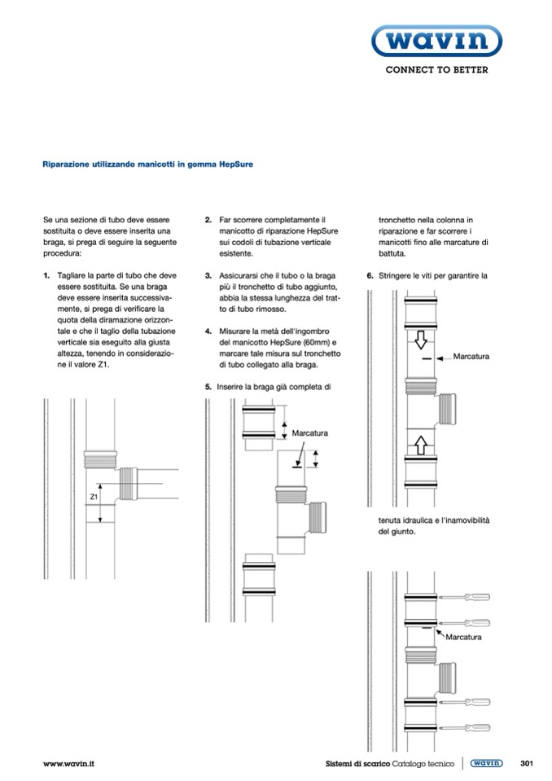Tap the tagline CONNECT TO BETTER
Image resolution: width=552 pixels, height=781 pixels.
[436, 70]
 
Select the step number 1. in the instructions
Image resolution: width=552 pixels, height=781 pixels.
[46, 276]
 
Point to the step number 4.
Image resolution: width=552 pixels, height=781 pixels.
[208, 331]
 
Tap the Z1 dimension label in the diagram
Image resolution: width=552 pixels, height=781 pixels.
[94, 496]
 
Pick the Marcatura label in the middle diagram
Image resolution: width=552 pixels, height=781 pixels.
[309, 432]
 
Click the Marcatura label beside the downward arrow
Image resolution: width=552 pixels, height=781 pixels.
[471, 357]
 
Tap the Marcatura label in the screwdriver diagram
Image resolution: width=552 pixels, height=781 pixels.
[464, 636]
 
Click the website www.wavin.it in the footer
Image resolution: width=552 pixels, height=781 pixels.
[68, 764]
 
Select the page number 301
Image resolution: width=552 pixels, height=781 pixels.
[525, 764]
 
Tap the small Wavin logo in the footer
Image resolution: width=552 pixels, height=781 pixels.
[486, 764]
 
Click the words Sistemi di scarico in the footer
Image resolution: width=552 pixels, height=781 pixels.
[351, 764]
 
